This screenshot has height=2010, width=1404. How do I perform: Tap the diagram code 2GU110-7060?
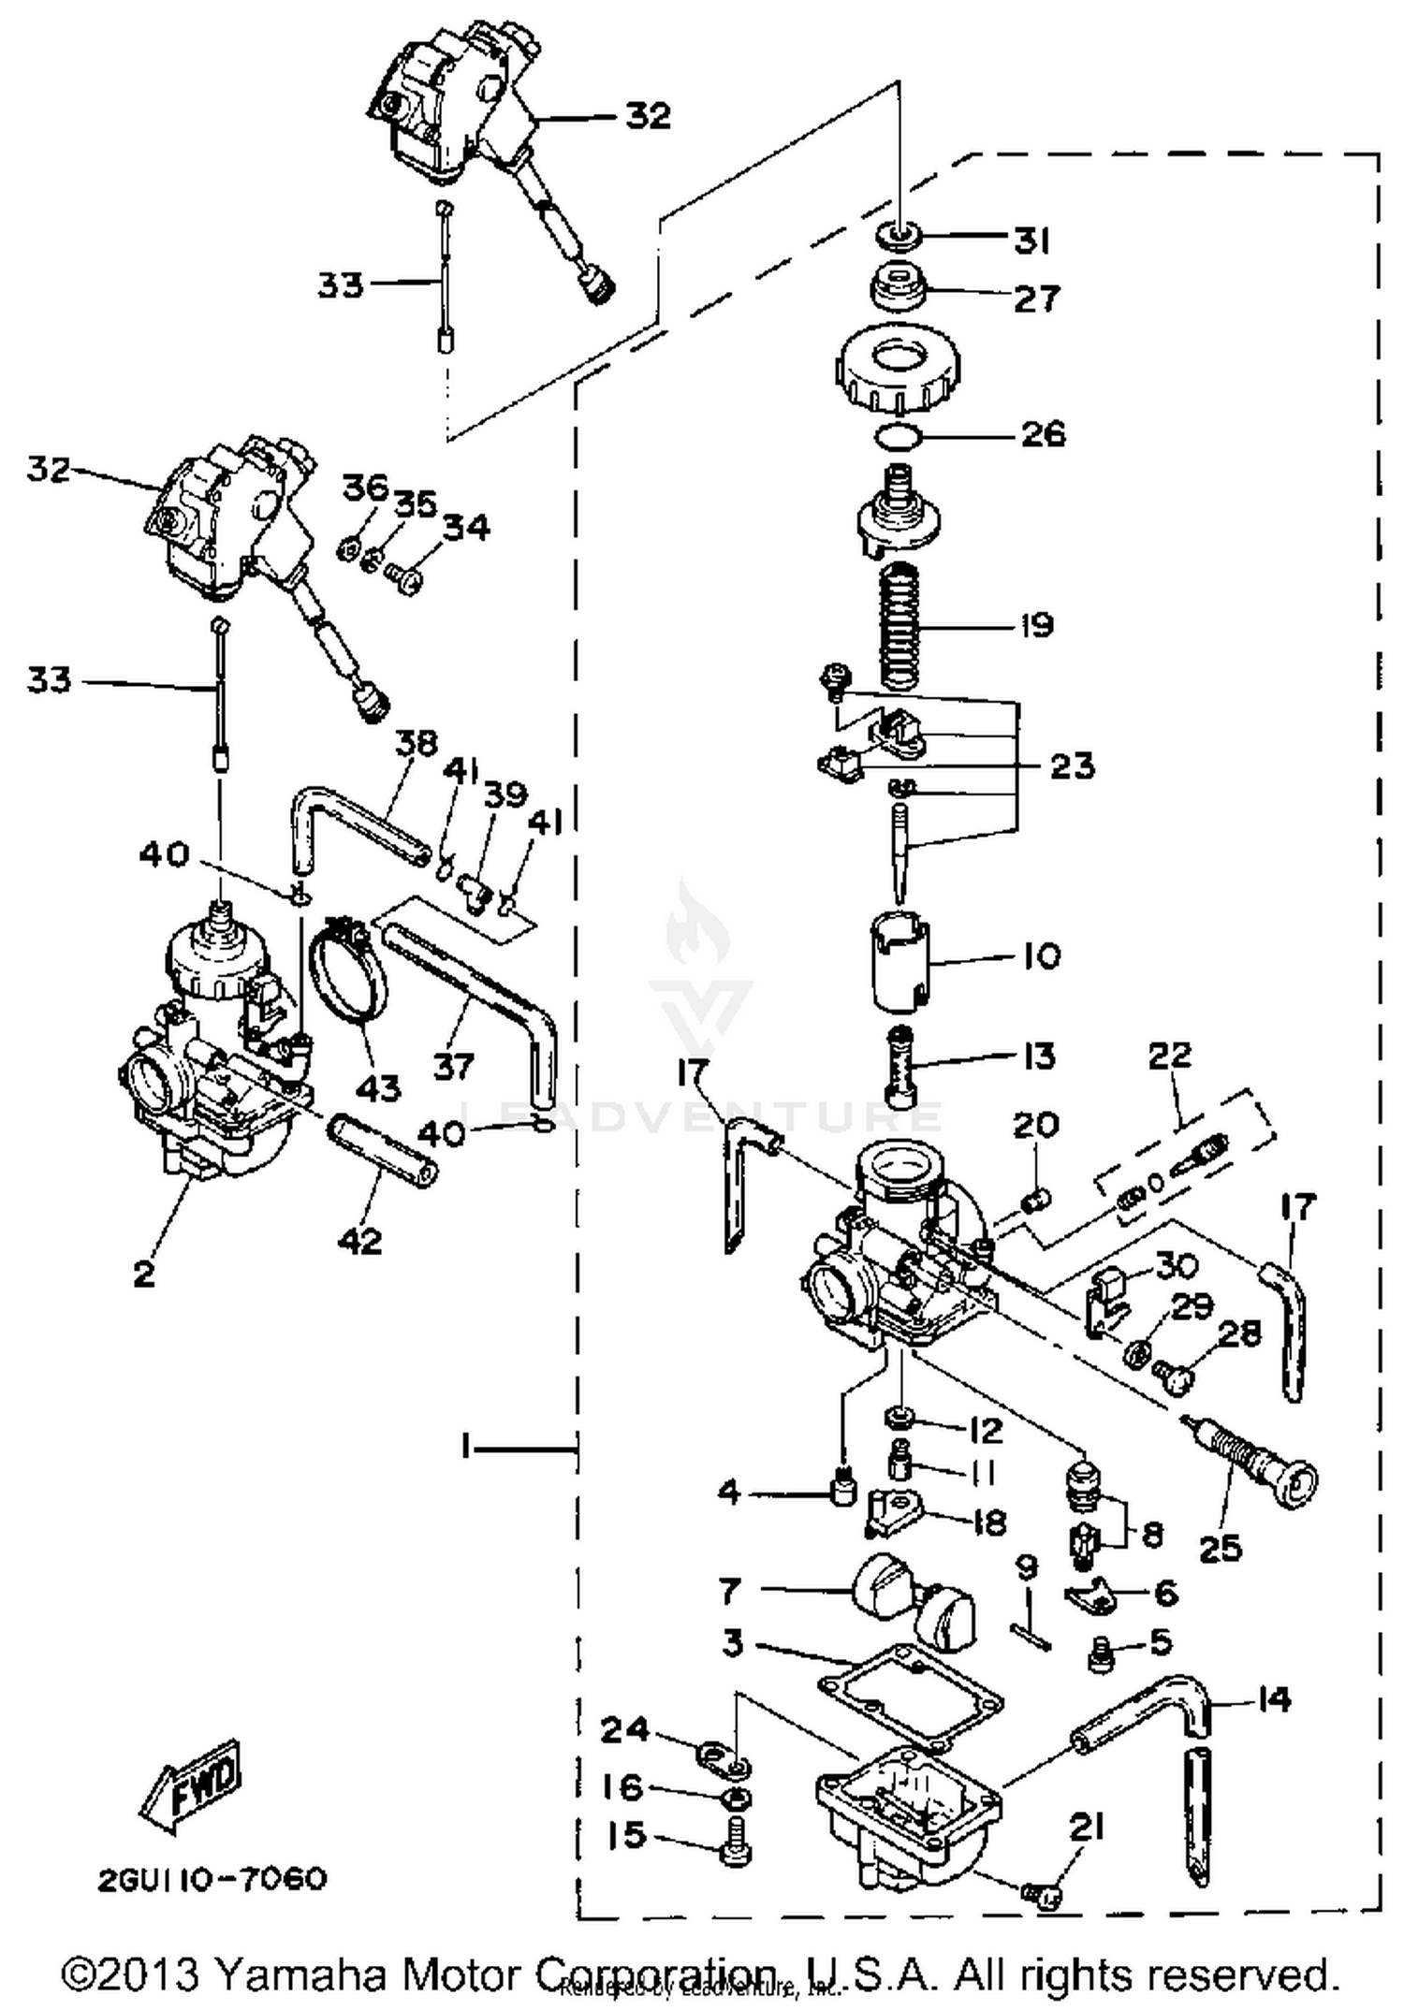tap(212, 1879)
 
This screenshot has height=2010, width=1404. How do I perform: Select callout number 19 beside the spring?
tap(1036, 625)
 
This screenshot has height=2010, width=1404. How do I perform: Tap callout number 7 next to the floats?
tap(730, 1590)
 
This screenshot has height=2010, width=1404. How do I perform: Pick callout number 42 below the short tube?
tap(361, 1241)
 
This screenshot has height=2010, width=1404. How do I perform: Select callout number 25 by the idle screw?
tap(1221, 1549)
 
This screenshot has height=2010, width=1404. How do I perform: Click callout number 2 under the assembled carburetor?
tap(143, 1274)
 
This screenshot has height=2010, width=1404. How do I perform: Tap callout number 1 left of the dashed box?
tap(465, 1449)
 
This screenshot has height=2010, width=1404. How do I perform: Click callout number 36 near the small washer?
tap(364, 488)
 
